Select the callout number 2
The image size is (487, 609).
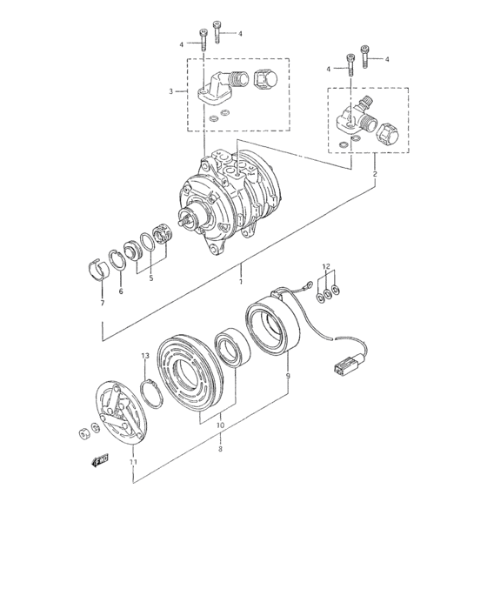[x=376, y=174]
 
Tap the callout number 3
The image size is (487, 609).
[x=171, y=90]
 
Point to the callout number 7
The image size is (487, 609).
[x=102, y=303]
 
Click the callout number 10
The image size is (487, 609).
[x=220, y=426]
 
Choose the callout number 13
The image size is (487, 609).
[x=145, y=357]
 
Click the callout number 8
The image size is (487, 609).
[x=220, y=449]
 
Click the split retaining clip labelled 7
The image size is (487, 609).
[x=102, y=267]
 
